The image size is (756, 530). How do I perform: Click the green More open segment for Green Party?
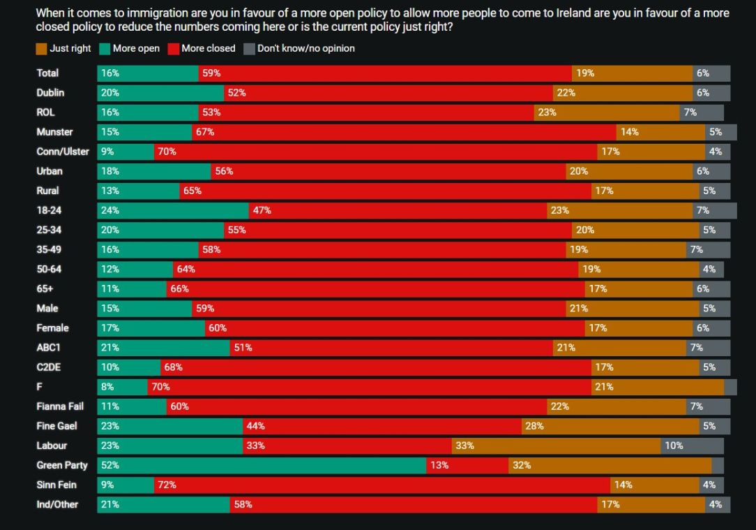tap(262, 465)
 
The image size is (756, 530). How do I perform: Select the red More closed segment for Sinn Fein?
tap(382, 485)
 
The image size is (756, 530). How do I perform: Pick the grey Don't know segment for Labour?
tap(692, 446)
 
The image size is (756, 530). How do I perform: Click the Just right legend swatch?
tap(42, 49)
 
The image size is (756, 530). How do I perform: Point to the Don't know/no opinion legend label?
tap(305, 49)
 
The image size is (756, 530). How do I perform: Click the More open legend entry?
tap(135, 49)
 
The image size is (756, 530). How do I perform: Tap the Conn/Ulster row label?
tap(63, 152)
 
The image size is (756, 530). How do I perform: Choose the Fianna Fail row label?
tap(60, 406)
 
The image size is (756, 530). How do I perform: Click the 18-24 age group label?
tap(49, 210)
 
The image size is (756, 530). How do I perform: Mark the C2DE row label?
tap(49, 367)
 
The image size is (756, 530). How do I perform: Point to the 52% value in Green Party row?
tap(110, 465)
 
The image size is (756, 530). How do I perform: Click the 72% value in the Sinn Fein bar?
tap(167, 485)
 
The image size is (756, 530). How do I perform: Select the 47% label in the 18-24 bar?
tap(262, 210)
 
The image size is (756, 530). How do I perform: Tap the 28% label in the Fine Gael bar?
tap(534, 426)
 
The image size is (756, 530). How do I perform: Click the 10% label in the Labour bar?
tap(674, 446)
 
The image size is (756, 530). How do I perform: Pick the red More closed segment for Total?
tap(385, 73)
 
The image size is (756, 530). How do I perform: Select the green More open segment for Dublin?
tap(160, 93)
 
